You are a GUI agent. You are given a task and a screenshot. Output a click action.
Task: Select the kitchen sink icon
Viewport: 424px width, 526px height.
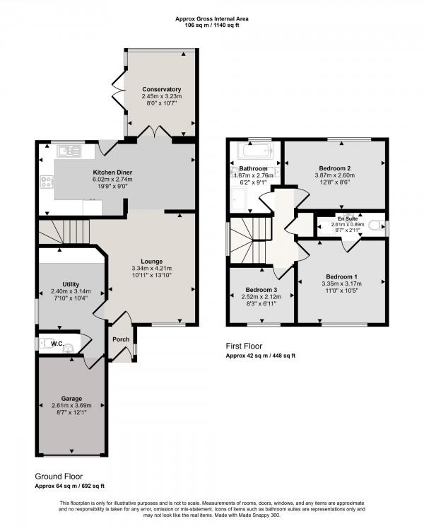pos(69,150)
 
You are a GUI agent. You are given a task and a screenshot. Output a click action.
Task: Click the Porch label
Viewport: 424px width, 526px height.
pos(121,339)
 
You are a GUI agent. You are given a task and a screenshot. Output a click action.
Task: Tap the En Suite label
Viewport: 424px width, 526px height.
pos(346,218)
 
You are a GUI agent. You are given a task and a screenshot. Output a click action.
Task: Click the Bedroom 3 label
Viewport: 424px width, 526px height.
pos(261,290)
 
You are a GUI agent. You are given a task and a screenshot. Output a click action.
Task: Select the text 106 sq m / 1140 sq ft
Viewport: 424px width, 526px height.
pos(212,24)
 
